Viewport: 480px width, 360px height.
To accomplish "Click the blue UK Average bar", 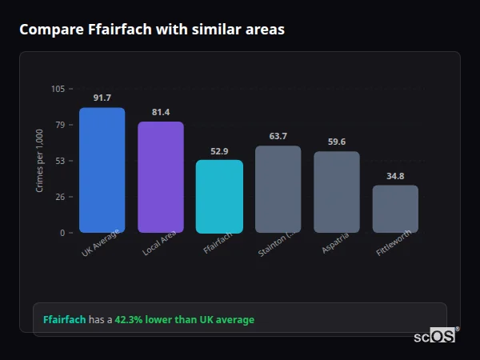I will (102, 170).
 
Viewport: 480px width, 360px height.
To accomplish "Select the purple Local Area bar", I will (161, 178).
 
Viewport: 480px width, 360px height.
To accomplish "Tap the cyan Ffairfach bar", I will (219, 197).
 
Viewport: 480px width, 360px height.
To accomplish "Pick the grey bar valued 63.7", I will (278, 190).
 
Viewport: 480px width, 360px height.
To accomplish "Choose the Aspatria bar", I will (337, 192).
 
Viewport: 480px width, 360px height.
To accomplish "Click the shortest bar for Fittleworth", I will (395, 209).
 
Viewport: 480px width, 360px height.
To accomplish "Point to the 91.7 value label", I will (102, 98).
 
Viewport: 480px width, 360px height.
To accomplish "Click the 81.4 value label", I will (161, 112).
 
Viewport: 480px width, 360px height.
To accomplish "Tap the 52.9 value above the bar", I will (219, 150).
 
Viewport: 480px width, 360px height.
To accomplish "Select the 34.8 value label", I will (395, 176).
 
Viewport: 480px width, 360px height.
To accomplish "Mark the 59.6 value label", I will (337, 142).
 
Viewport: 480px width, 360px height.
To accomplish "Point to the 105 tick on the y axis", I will (58, 89).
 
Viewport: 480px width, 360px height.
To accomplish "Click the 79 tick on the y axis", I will (60, 125).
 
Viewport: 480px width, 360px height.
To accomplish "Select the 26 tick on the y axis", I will (60, 197).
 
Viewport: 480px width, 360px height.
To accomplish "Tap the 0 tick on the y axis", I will (62, 233).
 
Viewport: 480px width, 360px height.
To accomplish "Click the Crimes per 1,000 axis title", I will (39, 161).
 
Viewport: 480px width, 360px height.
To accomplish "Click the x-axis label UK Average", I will (101, 244).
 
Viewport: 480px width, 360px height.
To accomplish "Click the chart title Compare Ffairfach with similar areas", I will (152, 30).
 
